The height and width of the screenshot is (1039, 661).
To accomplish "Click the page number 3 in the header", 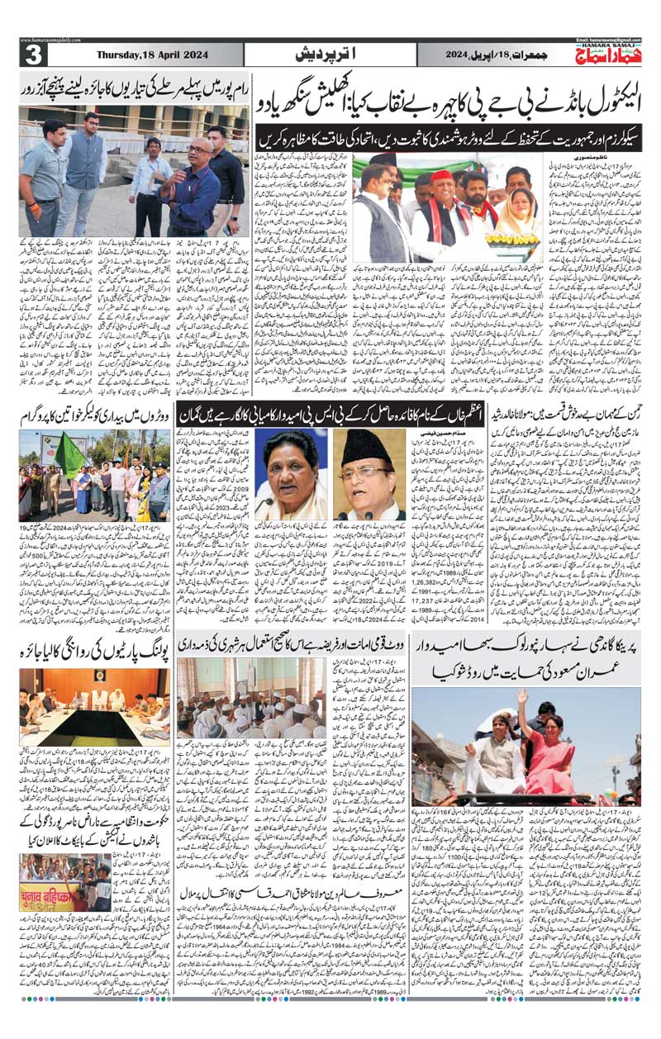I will tap(32, 55).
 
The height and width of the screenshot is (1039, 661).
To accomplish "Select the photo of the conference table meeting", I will tap(90, 705).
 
